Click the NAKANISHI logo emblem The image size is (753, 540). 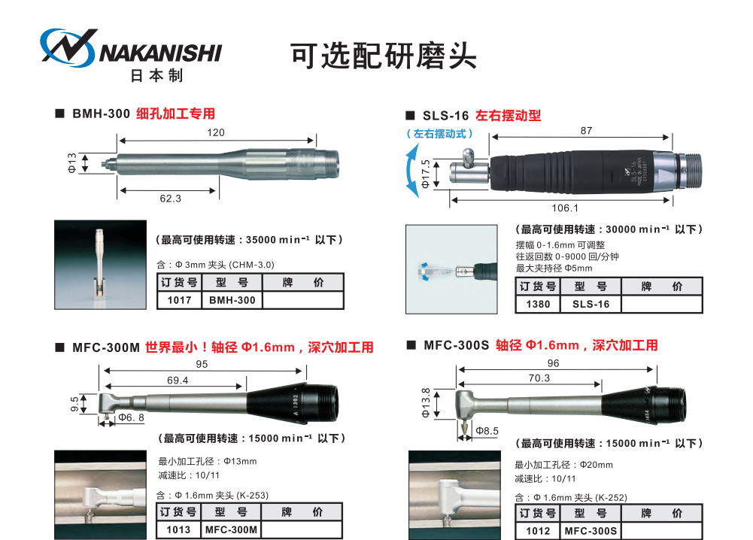pyautogui.click(x=68, y=47)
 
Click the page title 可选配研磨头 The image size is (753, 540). pyautogui.click(x=383, y=56)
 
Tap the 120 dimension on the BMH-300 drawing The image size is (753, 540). pyautogui.click(x=216, y=132)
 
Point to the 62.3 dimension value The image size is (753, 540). pyautogui.click(x=171, y=199)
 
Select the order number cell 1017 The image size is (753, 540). pyautogui.click(x=180, y=300)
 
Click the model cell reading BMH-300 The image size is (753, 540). pyautogui.click(x=232, y=300)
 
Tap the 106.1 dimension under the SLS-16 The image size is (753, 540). pyautogui.click(x=565, y=208)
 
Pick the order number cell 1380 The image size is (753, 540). pyautogui.click(x=538, y=304)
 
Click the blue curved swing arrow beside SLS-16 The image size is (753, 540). pyautogui.click(x=409, y=171)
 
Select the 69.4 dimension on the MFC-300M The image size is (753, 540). pyautogui.click(x=178, y=380)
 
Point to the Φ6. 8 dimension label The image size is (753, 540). pyautogui.click(x=131, y=417)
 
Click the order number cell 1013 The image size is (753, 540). pyautogui.click(x=178, y=529)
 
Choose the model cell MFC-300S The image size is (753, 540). pyautogui.click(x=591, y=531)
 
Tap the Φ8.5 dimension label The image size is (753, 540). pyautogui.click(x=487, y=431)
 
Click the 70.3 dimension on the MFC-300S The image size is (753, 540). pyautogui.click(x=539, y=378)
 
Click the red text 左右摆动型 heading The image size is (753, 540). pyautogui.click(x=508, y=116)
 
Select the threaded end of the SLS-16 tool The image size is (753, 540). pyautogui.click(x=689, y=171)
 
